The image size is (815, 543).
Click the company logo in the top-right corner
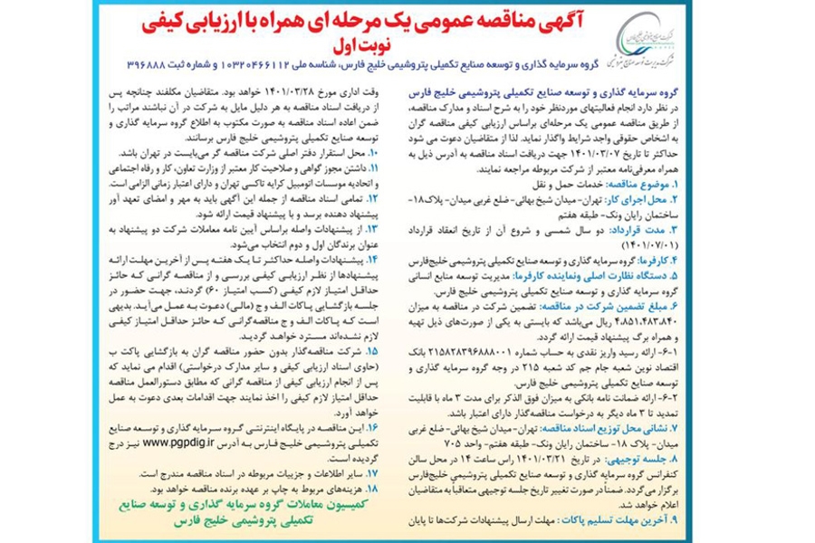646,40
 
